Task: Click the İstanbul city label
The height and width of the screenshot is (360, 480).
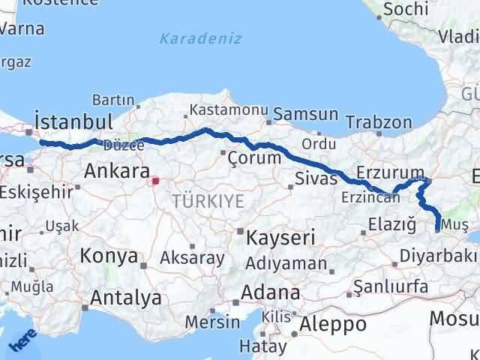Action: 73,121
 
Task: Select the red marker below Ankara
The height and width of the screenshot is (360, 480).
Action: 155,181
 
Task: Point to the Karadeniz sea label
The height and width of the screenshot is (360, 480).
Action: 200,38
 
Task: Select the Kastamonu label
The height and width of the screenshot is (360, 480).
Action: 228,110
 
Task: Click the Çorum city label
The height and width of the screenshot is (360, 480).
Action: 254,157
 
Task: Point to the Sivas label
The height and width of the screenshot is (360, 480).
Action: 310,180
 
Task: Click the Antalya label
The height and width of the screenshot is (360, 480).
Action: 125,298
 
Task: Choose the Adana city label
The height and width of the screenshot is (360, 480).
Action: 271,292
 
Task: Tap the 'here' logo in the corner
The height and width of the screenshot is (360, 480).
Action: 20,342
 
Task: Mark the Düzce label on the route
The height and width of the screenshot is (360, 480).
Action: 119,145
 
